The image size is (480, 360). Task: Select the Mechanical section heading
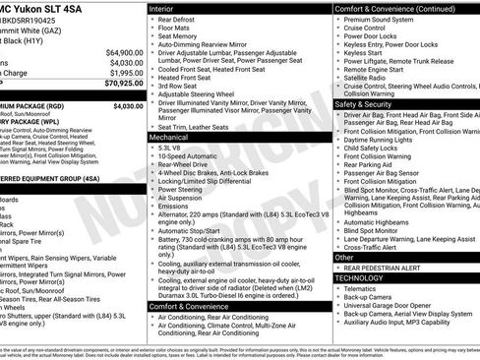tap(171, 139)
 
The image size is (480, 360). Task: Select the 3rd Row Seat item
tap(183, 87)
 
